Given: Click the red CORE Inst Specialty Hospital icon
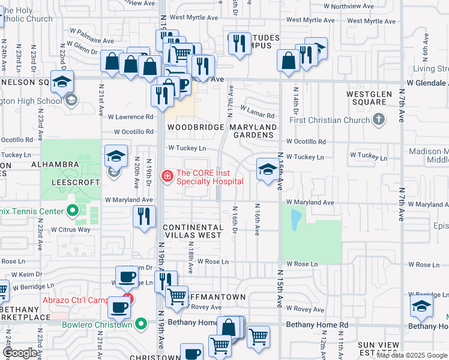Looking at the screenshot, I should [x=167, y=176].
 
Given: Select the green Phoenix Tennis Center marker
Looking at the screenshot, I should [x=73, y=211].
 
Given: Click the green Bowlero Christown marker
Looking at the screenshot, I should [x=141, y=325].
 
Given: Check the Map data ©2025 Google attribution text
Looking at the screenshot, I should [x=411, y=355].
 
